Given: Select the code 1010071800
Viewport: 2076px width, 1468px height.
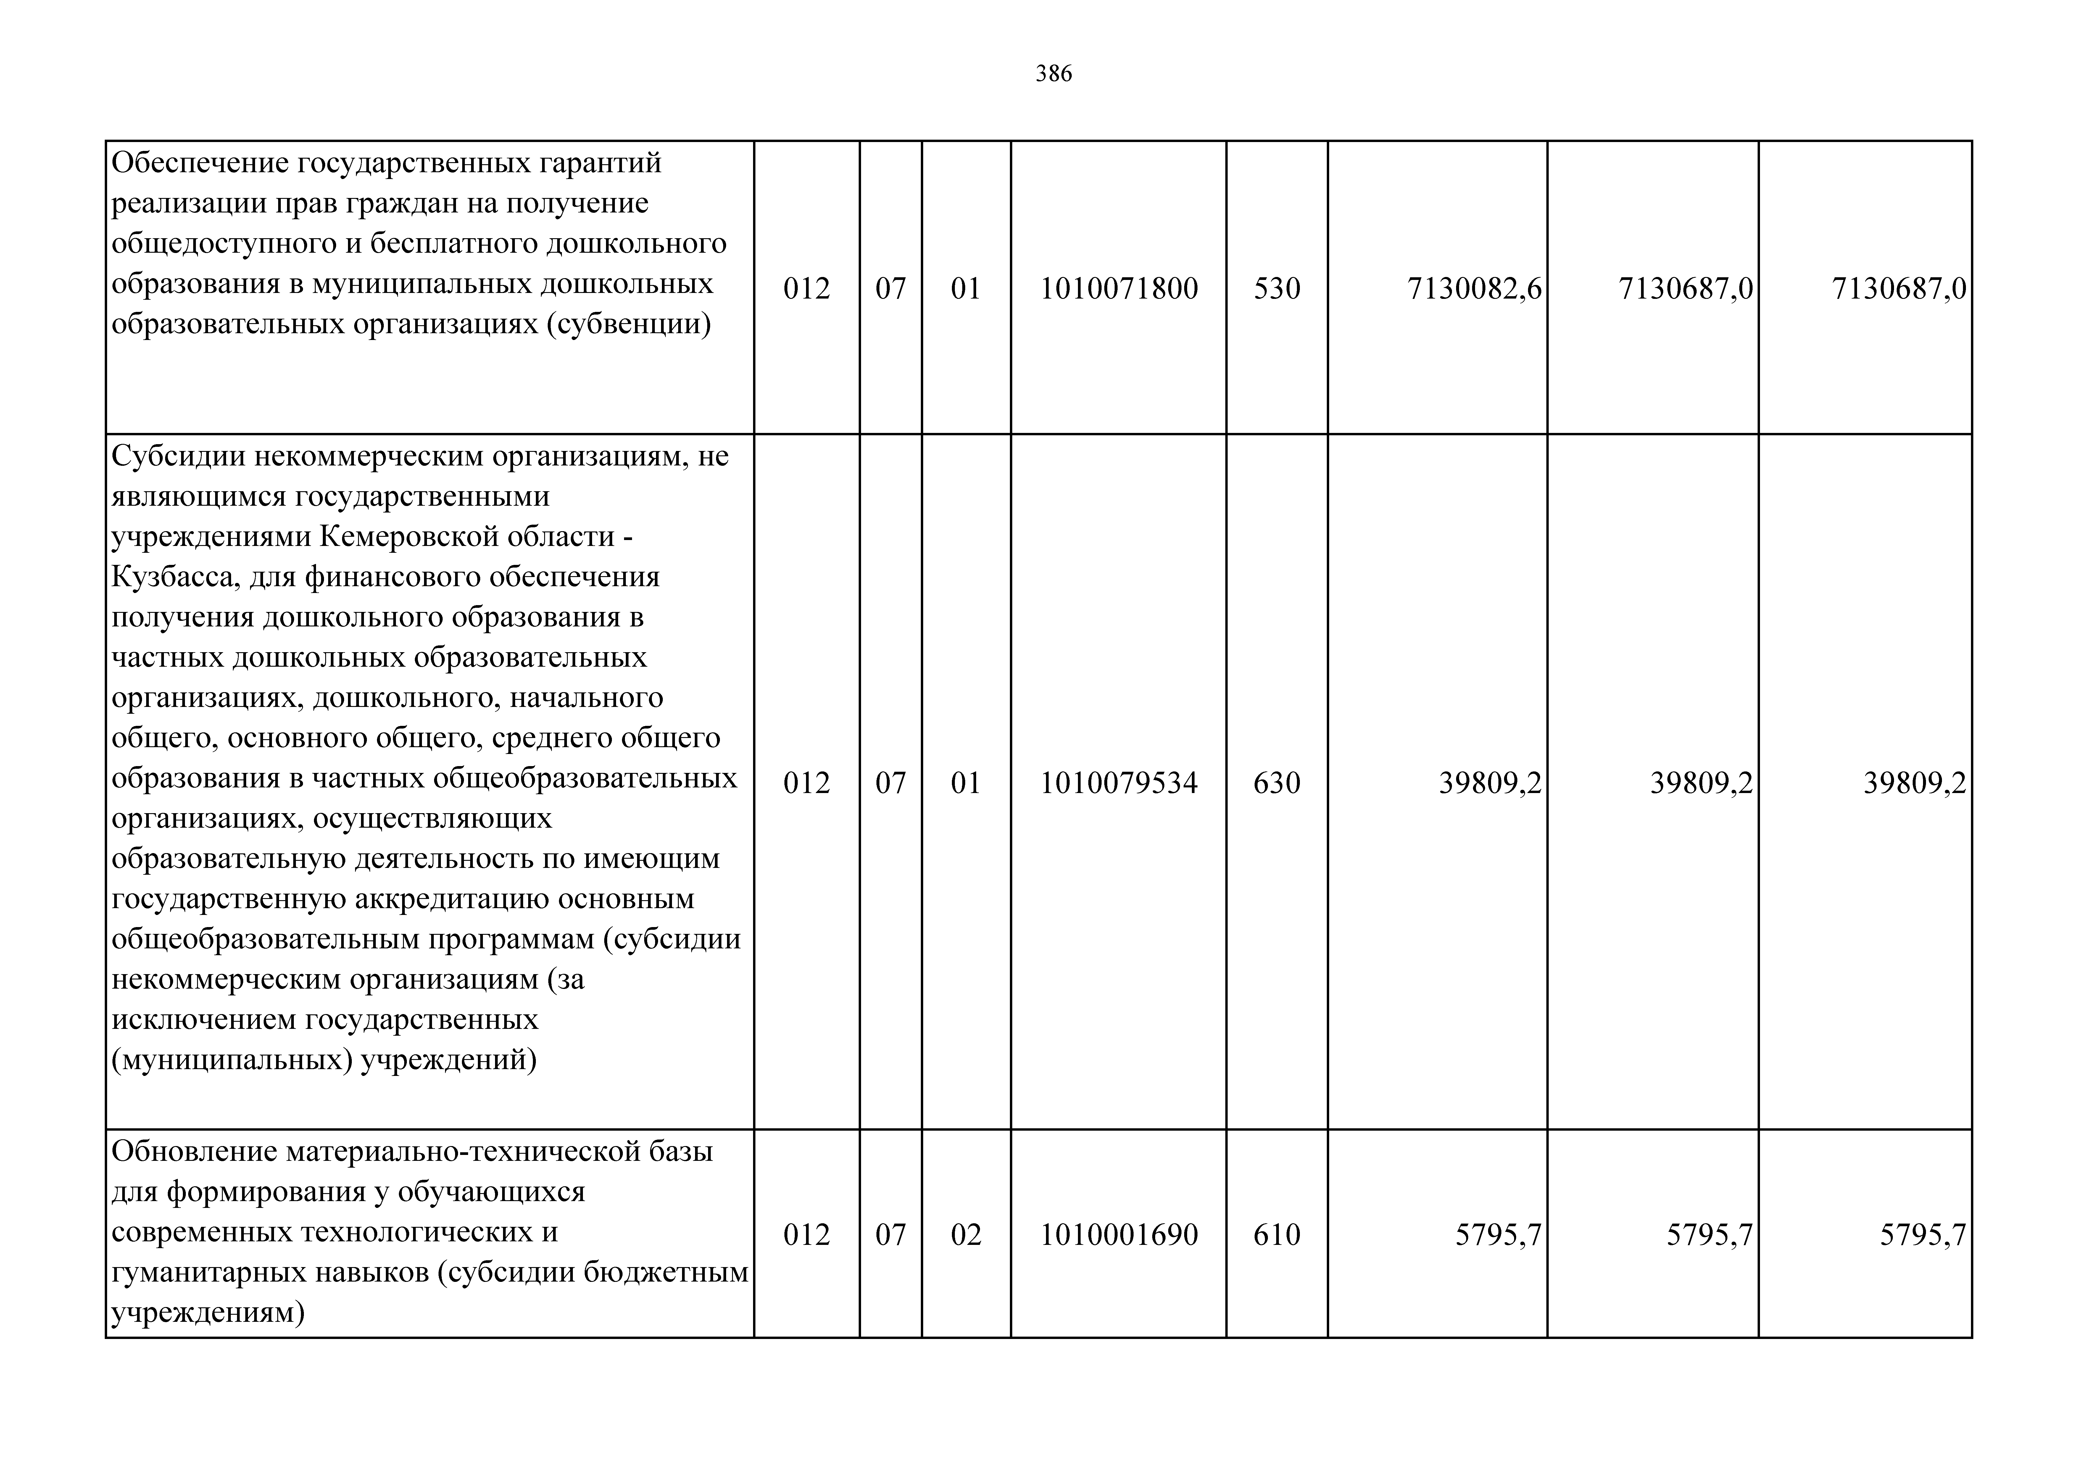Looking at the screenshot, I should coord(1118,289).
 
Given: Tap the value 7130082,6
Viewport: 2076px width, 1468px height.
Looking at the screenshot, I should coord(1474,289).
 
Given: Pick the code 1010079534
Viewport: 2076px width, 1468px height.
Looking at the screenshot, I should coord(1118,782).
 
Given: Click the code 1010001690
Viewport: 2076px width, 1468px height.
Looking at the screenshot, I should coord(1118,1235).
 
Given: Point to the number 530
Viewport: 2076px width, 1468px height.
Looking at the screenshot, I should coord(1277,289).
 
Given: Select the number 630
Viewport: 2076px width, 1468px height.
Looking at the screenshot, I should coord(1277,782).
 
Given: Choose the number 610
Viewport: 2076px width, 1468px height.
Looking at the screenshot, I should coord(1277,1235).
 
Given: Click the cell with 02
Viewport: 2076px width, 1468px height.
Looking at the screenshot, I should coord(966,1235).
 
